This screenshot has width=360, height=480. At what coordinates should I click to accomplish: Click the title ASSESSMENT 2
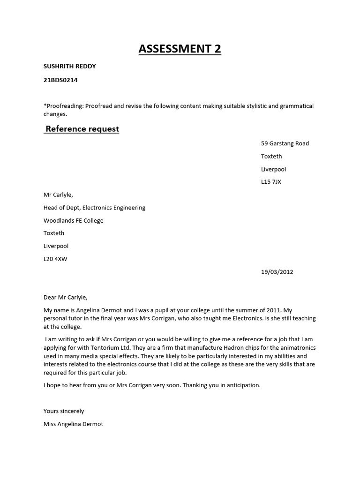click(180, 48)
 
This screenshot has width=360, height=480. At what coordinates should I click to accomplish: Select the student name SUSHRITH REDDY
click(69, 66)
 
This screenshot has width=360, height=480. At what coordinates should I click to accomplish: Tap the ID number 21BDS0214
click(60, 80)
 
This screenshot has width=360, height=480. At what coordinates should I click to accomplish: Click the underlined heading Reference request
click(82, 129)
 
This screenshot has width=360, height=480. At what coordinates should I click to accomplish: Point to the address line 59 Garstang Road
click(285, 143)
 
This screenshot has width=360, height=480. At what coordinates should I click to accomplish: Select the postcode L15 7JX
click(271, 182)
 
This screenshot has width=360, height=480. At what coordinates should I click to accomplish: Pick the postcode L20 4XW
click(55, 259)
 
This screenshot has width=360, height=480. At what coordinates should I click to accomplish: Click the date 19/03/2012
click(277, 271)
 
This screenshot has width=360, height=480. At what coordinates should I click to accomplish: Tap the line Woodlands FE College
click(74, 220)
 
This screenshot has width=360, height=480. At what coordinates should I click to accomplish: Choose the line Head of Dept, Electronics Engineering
click(94, 208)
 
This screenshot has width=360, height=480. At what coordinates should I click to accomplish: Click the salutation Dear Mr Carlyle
click(65, 297)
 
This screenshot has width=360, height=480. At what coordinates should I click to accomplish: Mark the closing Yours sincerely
click(64, 411)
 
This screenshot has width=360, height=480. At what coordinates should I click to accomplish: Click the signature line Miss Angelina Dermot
click(73, 424)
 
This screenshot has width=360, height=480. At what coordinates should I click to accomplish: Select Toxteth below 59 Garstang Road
click(271, 156)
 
